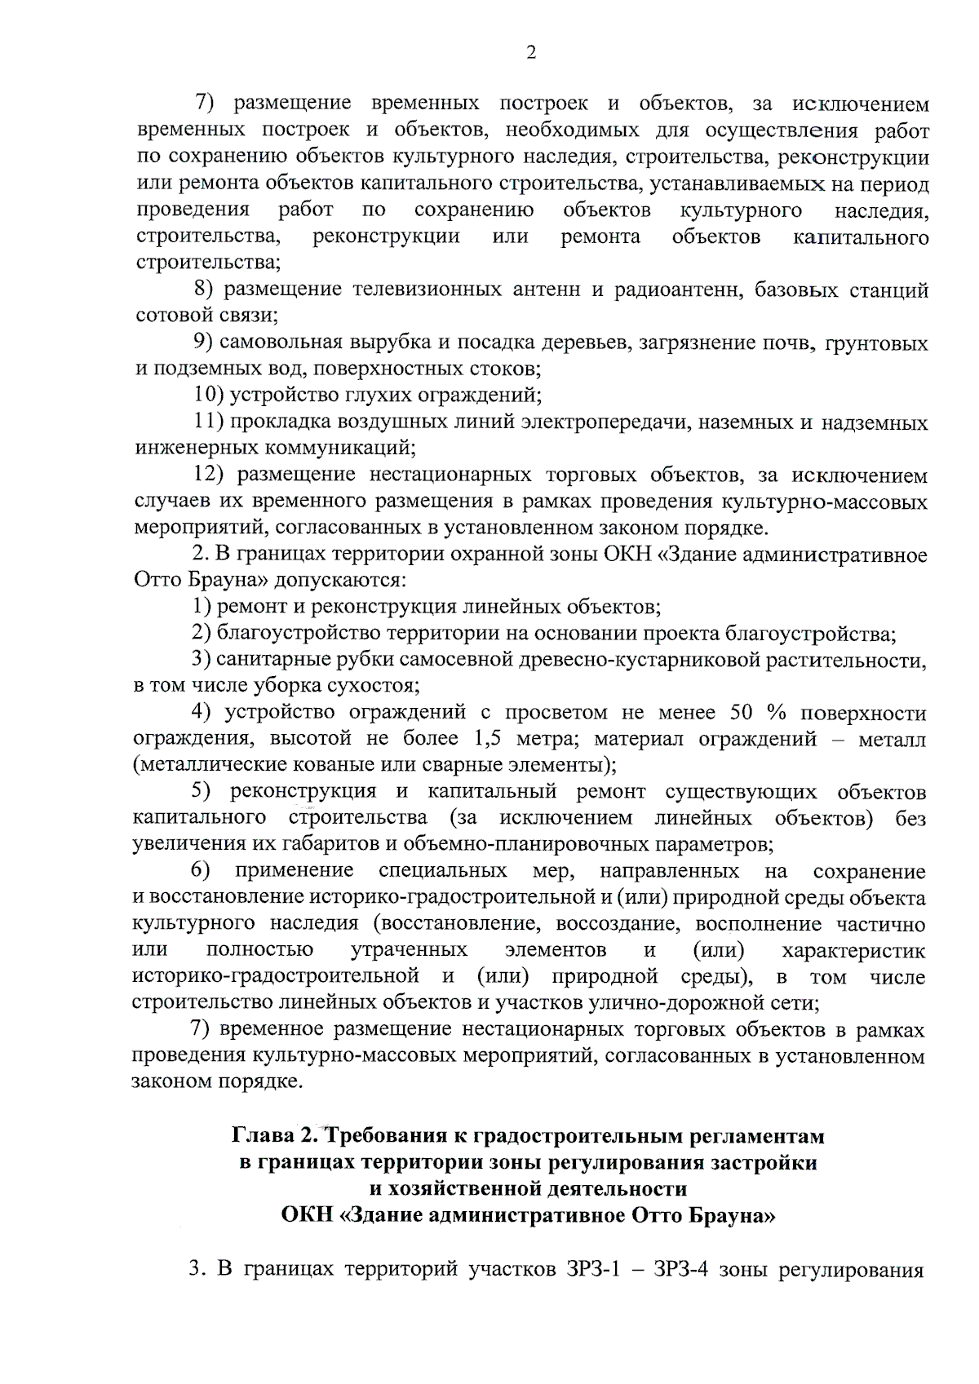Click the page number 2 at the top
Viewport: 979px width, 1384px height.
click(531, 53)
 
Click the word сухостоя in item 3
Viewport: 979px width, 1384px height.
click(370, 686)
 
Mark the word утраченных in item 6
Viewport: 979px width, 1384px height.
click(409, 951)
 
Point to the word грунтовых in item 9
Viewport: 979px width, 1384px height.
click(877, 343)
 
